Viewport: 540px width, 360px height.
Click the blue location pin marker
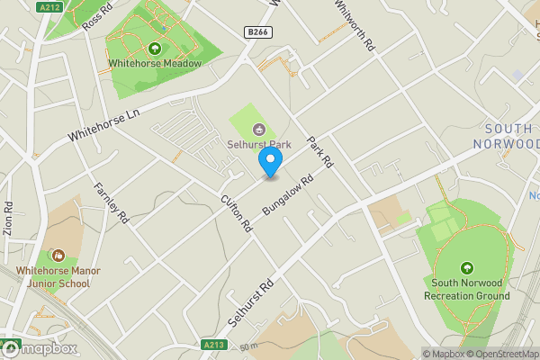point(270,162)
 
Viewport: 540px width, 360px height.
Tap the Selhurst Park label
point(259,144)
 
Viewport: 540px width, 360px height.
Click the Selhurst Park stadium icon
point(259,129)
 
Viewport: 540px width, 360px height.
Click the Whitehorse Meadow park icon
point(155,48)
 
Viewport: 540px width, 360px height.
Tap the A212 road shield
point(49,7)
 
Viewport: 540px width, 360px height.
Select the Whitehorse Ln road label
point(105,125)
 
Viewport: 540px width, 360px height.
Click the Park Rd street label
point(319,152)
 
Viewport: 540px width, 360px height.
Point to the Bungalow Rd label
point(286,194)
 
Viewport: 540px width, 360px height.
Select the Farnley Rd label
point(112,203)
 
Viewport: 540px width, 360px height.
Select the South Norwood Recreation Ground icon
point(466,268)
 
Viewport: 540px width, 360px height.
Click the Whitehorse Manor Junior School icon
point(58,256)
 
